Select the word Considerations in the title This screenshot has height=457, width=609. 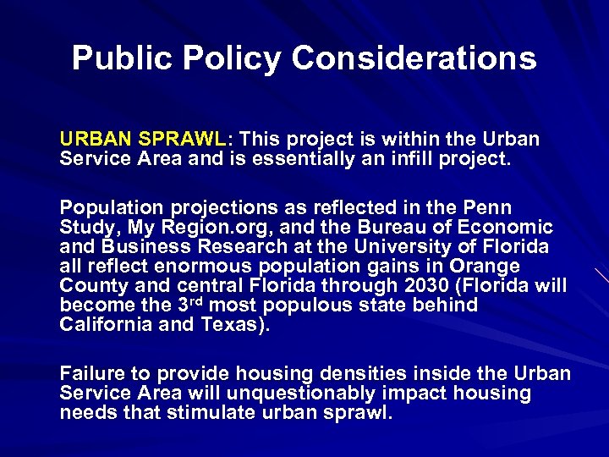click(414, 58)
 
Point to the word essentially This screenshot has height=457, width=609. click(315, 157)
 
